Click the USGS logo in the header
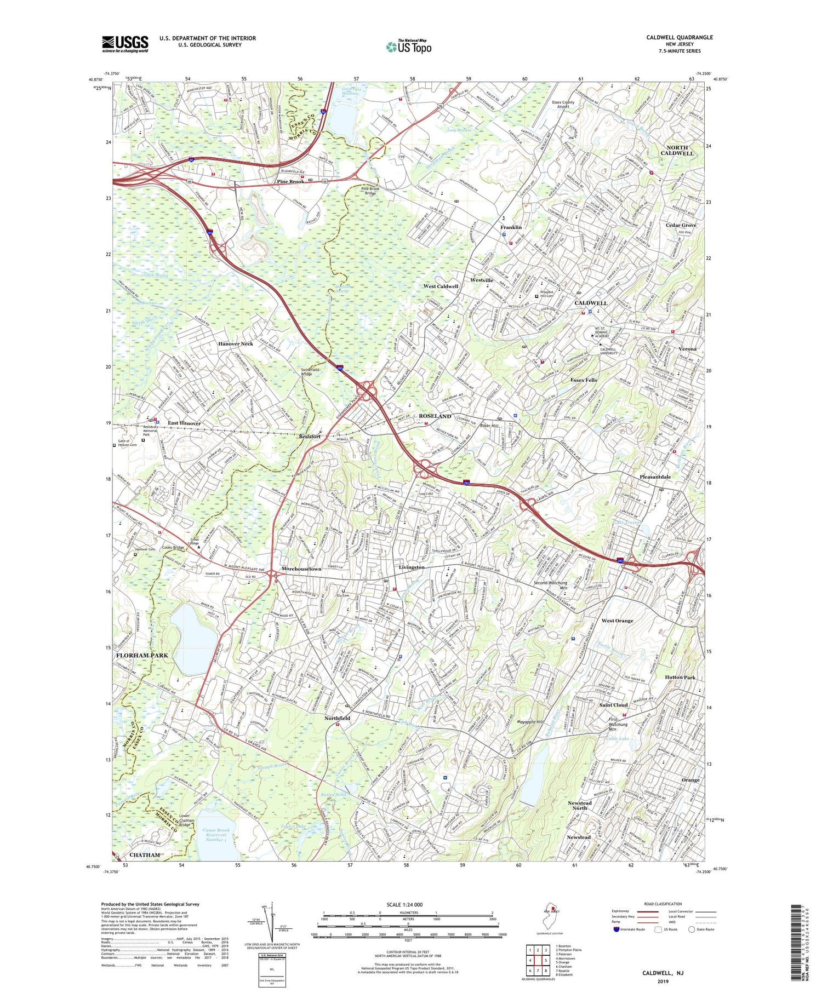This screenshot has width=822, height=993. (x=125, y=44)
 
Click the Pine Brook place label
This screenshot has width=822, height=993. (x=290, y=181)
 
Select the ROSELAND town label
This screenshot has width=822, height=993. (x=435, y=416)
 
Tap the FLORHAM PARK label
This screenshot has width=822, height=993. (x=142, y=655)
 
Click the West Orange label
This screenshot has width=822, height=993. (x=617, y=621)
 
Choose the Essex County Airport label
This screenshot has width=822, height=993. (x=570, y=104)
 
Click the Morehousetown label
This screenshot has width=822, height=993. (x=301, y=569)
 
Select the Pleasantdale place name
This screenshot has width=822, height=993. (x=655, y=477)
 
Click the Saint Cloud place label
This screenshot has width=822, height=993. (x=613, y=704)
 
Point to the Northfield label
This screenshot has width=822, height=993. (x=337, y=718)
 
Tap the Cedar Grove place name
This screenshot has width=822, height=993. (x=681, y=225)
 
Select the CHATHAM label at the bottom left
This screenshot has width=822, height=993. (x=145, y=855)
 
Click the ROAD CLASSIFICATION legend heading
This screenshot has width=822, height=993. (x=663, y=904)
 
